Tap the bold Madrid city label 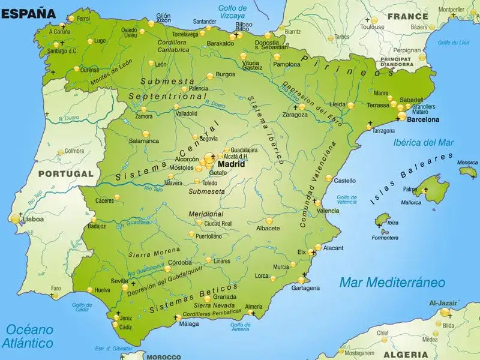[x=231, y=163]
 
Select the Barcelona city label [x=422, y=119]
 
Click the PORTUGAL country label [x=65, y=175]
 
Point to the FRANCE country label [x=407, y=17]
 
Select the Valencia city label [x=328, y=211]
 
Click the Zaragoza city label [x=295, y=114]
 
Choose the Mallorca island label [x=411, y=202]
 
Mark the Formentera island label [x=385, y=238]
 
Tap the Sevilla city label [x=119, y=281]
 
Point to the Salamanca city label [x=144, y=141]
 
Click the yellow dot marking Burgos [x=210, y=76]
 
